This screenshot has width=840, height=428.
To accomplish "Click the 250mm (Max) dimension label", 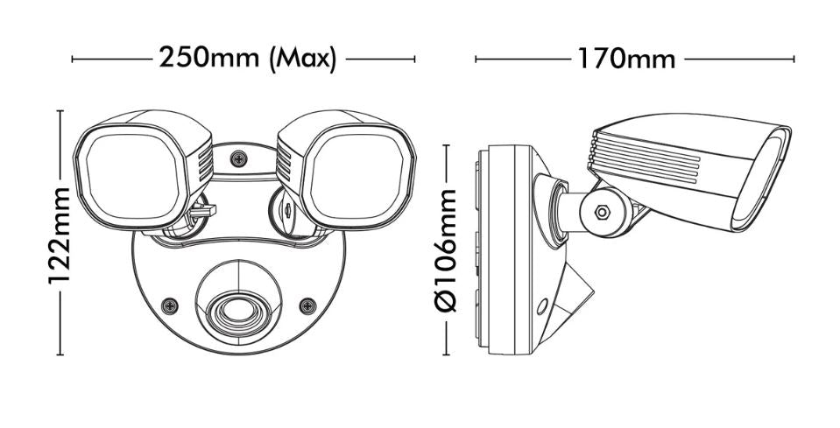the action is pos(248,58).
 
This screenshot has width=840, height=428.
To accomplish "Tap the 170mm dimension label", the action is pos(625,59).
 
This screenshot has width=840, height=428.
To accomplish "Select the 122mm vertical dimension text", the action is pos(60,236).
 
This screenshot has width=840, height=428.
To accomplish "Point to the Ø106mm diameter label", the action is pos(446,250).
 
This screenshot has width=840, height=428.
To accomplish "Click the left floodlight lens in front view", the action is pos(131,177).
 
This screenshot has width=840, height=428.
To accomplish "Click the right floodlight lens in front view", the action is pos(356,177).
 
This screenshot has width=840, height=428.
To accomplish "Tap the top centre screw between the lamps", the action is pos(238,158).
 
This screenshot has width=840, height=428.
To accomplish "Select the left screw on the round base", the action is pos(170,306).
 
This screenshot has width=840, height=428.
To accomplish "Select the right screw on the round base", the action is pos(307,306).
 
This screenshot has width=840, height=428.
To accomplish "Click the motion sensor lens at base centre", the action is pos(238,311).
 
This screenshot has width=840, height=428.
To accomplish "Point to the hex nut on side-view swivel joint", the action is pos(603,213).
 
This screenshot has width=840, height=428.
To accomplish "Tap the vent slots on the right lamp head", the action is pos(284,163).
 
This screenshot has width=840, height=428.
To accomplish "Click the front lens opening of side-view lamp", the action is pos(760,180).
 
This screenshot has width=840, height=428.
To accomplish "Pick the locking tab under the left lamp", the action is pos(202,211).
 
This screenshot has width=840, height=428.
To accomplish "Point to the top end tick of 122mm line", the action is pos(60,111).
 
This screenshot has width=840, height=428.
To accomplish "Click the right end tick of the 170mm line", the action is pos(794,59).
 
